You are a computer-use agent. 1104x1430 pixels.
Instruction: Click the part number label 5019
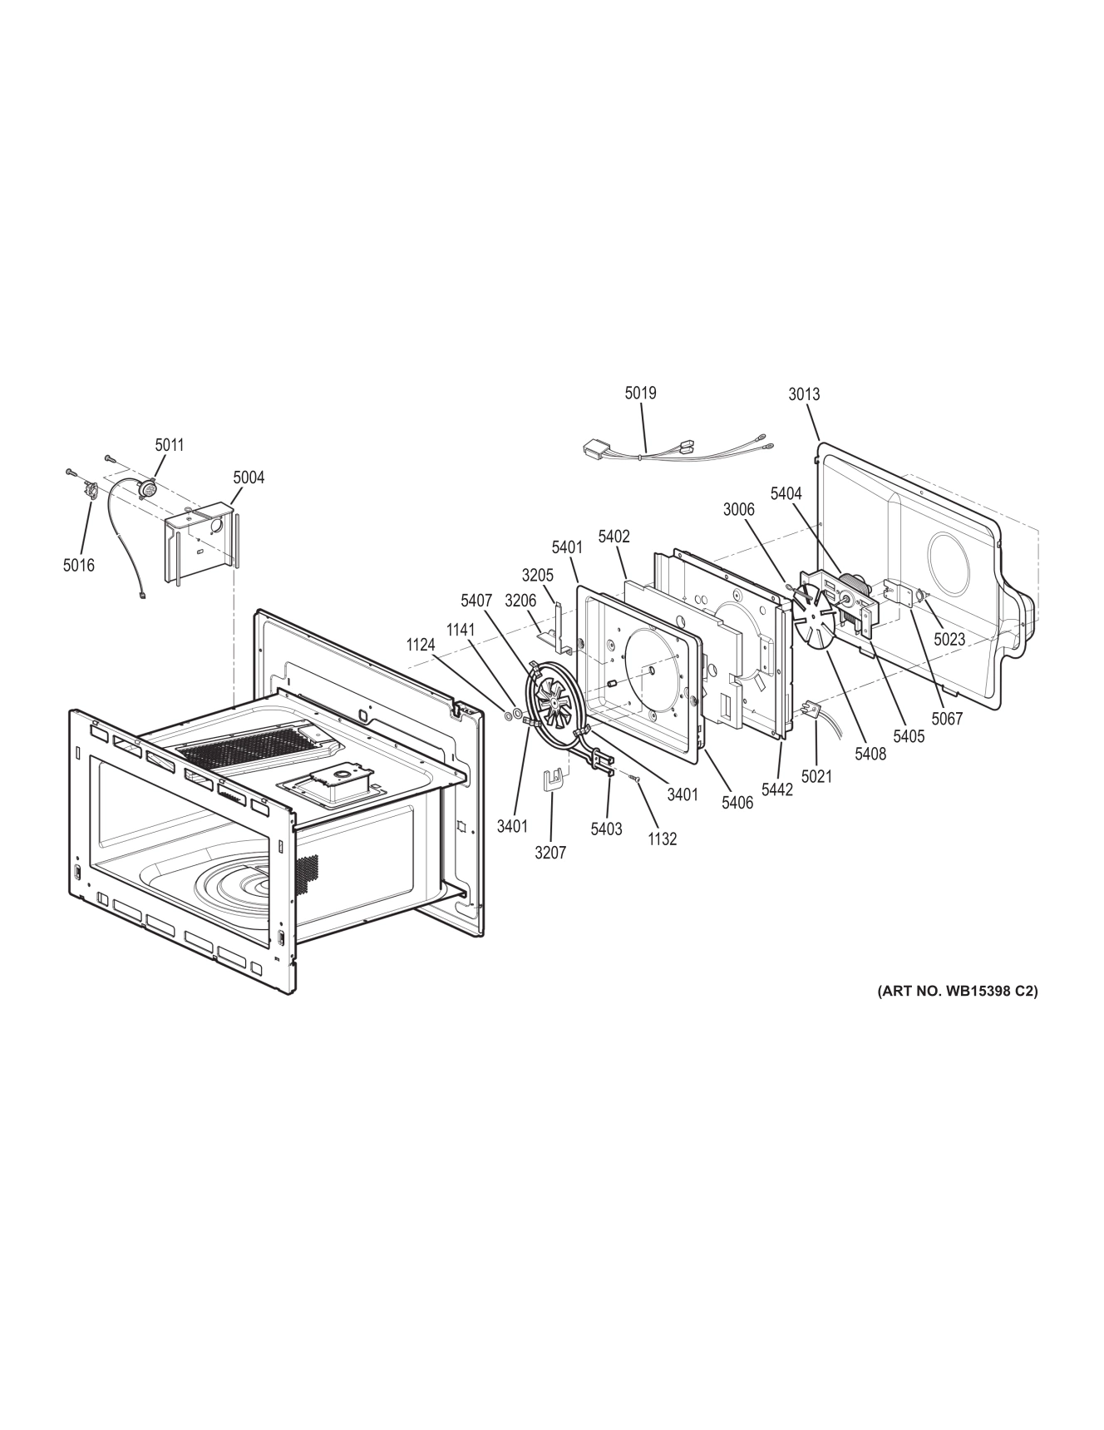click(640, 392)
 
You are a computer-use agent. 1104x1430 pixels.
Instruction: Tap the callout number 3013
click(804, 393)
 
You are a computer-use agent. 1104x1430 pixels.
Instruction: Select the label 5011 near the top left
click(169, 445)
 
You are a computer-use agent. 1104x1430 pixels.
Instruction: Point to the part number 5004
click(249, 477)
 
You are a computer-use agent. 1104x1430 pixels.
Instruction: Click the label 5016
click(78, 566)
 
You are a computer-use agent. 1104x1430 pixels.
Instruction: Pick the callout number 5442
click(777, 789)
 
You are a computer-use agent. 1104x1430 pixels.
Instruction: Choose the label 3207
click(550, 853)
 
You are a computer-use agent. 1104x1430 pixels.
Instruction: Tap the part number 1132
click(662, 839)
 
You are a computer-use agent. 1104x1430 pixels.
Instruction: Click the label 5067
click(947, 719)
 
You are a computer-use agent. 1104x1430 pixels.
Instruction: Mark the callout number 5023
click(949, 640)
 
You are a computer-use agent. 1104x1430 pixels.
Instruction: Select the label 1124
click(421, 645)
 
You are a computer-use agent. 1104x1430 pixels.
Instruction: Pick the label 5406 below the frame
click(737, 802)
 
